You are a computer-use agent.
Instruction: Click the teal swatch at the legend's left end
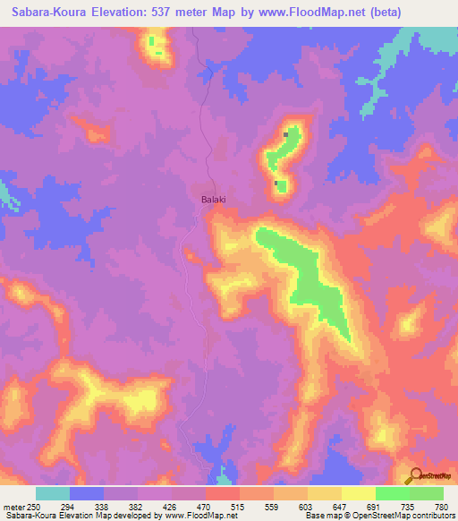53,493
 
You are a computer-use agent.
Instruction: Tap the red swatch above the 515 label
223,493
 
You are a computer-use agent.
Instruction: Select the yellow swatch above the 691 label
359,493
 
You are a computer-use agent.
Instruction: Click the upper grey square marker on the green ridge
286,134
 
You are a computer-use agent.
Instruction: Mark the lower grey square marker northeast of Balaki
276,184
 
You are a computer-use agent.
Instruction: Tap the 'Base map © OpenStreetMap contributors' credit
378,516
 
